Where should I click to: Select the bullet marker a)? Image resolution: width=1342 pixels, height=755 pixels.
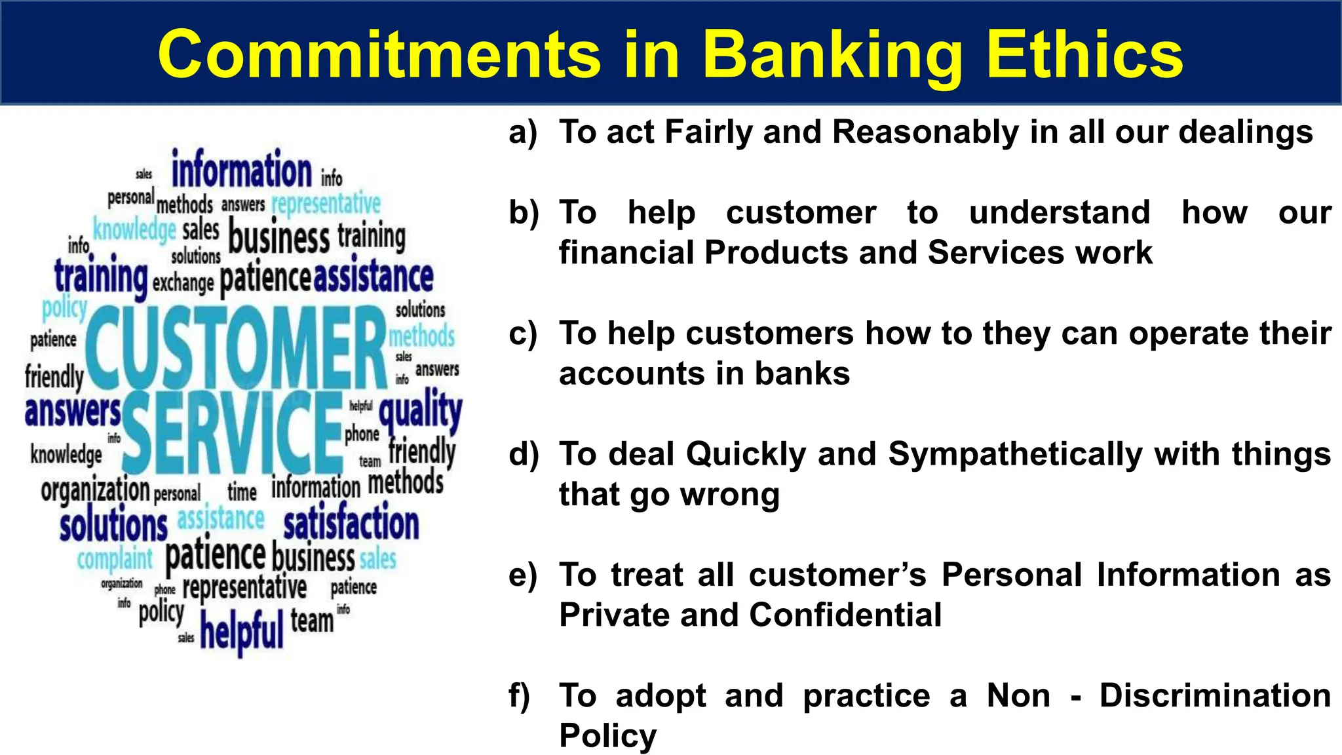click(x=523, y=132)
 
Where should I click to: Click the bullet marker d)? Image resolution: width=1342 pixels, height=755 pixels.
click(x=523, y=454)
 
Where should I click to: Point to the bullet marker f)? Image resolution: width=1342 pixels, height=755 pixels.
click(x=520, y=695)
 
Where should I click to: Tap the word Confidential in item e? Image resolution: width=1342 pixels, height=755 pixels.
click(x=845, y=615)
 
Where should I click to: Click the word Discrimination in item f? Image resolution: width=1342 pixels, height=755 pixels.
click(x=1215, y=695)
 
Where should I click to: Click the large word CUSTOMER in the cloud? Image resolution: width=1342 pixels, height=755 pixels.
click(x=236, y=347)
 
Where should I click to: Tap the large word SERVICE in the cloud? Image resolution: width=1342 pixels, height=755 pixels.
click(x=233, y=433)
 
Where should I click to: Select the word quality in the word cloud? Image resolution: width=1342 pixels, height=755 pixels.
click(x=420, y=412)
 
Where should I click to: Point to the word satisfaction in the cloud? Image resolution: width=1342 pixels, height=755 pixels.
click(x=351, y=523)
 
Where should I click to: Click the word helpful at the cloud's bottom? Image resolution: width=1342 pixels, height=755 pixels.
click(x=241, y=630)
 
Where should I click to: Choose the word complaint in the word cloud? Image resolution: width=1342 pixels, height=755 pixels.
click(x=115, y=559)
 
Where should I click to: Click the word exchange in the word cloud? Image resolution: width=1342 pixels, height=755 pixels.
click(x=183, y=282)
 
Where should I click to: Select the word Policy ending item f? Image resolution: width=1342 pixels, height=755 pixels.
click(x=607, y=735)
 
